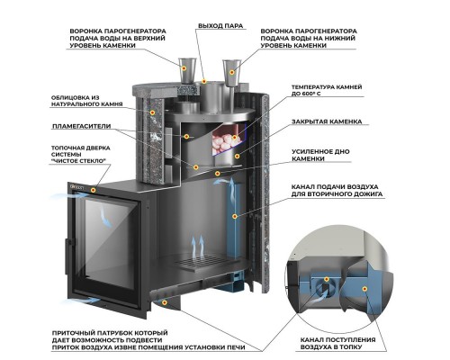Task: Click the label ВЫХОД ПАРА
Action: coord(220,26)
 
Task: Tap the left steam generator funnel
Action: coord(186,69)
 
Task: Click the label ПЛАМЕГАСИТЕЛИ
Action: coord(82,126)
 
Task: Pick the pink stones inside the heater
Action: coord(224,143)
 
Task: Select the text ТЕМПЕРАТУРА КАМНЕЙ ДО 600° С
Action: coord(327,90)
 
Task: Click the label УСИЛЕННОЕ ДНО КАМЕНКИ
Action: coord(320,155)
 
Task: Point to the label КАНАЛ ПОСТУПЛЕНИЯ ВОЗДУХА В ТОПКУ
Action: coord(337,344)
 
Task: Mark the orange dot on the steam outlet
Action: coord(204,81)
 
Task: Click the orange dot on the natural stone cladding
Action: coord(152,112)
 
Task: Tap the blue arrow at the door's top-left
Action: coord(68,195)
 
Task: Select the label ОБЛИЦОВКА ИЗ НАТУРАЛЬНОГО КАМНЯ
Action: coord(87,101)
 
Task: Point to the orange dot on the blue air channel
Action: coord(235,216)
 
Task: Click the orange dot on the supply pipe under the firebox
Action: coord(164,302)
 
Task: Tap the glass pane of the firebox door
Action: coord(110,243)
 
